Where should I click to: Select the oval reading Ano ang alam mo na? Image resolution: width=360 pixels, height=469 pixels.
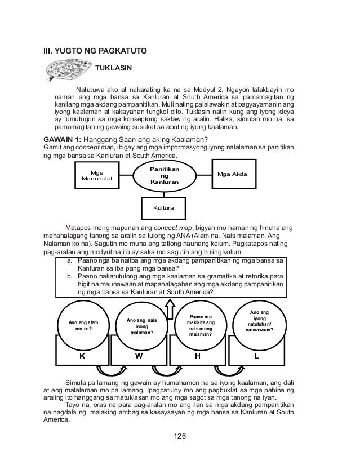click(79, 325)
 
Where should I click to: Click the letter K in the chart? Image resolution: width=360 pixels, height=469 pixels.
click(82, 357)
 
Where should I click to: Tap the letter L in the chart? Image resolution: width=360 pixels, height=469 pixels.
click(257, 357)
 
